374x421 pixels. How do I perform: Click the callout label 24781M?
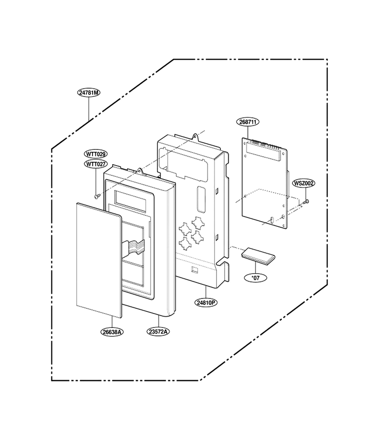[x=89, y=93]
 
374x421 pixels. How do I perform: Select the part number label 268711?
[x=248, y=122]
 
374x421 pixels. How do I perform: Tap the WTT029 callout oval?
[x=96, y=154]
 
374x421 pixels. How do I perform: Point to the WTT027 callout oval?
[x=96, y=164]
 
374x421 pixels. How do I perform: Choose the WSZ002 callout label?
[x=304, y=183]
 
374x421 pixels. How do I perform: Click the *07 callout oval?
[x=256, y=278]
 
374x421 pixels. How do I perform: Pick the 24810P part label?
[x=206, y=303]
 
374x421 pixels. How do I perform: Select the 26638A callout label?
[x=112, y=332]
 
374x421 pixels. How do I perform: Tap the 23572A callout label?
[x=158, y=332]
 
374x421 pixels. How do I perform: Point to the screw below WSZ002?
[x=306, y=201]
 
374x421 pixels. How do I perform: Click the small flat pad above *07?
[x=258, y=255]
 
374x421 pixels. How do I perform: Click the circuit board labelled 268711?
[x=265, y=183]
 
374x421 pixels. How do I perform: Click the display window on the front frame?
[x=130, y=201]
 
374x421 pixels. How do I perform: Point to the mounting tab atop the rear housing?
[x=196, y=137]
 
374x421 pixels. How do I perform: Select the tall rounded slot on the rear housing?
[x=201, y=199]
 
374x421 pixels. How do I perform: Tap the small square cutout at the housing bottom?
[x=194, y=270]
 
